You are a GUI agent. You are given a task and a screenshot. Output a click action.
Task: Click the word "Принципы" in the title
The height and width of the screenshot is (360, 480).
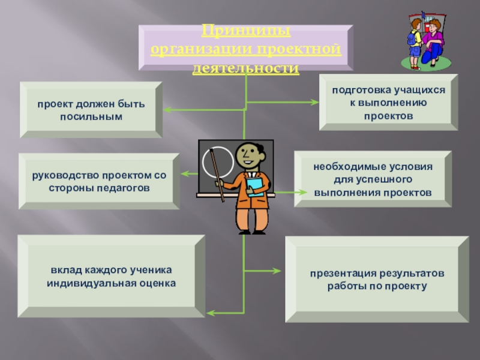tap(245, 29)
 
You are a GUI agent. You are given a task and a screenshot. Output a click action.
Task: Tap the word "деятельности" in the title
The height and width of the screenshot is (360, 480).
tap(245, 69)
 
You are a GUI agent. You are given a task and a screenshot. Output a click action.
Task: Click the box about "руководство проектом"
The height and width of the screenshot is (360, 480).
tap(99, 181)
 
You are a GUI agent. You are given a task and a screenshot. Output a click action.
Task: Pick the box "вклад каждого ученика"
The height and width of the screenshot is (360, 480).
tap(112, 275)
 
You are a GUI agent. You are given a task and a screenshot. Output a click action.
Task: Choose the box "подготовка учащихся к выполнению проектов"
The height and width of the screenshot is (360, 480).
tap(388, 102)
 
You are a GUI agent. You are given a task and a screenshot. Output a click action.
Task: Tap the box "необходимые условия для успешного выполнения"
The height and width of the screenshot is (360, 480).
tap(373, 179)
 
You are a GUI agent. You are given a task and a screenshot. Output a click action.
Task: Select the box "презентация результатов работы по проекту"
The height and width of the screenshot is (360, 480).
tap(377, 280)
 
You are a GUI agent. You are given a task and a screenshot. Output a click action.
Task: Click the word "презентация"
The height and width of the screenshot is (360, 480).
tap(338, 274)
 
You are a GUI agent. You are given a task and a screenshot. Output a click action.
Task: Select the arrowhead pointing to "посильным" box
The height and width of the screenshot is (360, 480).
tap(167, 110)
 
